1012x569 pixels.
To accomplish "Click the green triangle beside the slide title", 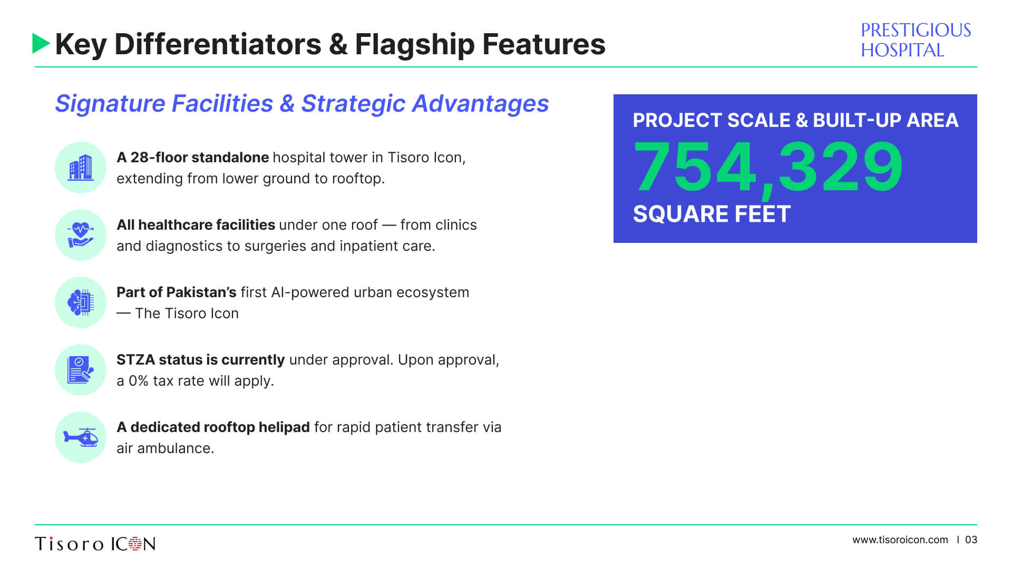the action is click(41, 43).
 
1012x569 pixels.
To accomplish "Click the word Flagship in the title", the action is click(414, 44).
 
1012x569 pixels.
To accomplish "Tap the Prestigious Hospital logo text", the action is click(916, 40).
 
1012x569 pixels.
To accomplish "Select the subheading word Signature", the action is click(110, 104).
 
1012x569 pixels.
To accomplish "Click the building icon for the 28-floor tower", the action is click(81, 168).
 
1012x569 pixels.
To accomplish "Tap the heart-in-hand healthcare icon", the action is click(81, 235).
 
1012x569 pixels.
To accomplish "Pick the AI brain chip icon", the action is click(81, 302).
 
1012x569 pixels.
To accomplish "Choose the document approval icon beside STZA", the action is click(81, 370).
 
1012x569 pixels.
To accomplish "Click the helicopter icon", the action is click(81, 437).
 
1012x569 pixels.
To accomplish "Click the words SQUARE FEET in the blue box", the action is click(712, 214).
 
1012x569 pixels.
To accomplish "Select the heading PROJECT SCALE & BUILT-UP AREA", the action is click(795, 120).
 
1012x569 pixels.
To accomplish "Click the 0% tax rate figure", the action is click(139, 381).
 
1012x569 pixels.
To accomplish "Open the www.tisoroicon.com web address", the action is click(900, 540).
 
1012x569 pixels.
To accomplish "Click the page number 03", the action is click(971, 540).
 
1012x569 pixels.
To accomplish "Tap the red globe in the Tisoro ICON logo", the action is click(135, 544).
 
